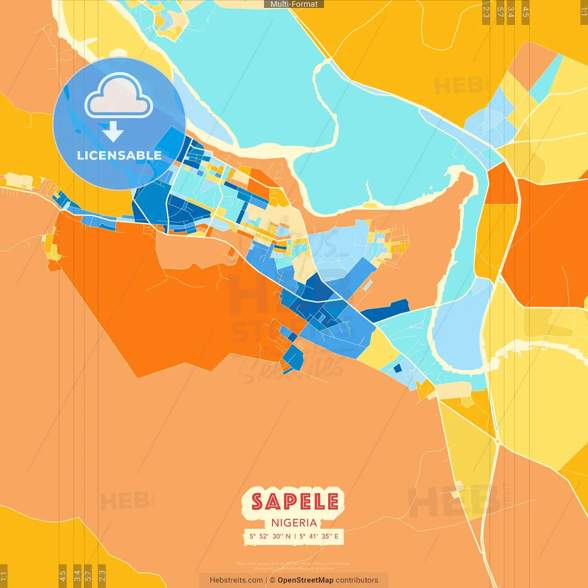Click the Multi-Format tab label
click(294, 4)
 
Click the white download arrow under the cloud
click(113, 132)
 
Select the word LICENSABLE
click(119, 155)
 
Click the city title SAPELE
click(294, 502)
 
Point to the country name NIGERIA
click(294, 523)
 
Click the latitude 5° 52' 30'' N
click(270, 536)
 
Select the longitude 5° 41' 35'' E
click(319, 536)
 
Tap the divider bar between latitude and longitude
click(295, 536)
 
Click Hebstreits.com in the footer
click(236, 580)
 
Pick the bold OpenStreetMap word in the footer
click(305, 580)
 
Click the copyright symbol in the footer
click(272, 580)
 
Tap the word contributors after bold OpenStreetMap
click(357, 580)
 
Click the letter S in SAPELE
click(258, 502)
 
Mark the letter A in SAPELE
click(273, 502)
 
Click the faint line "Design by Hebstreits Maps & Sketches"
click(294, 568)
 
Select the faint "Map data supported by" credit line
click(261, 564)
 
